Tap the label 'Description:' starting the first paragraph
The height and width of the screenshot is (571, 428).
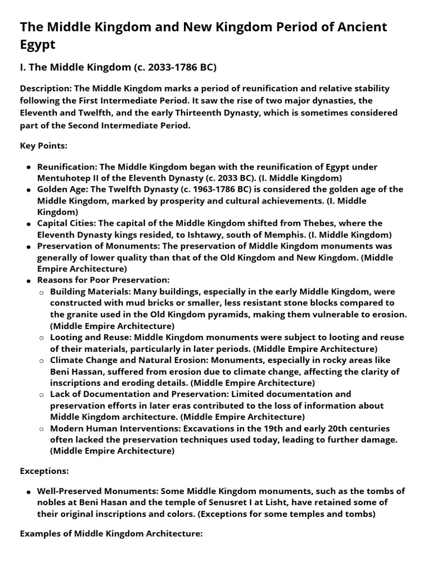click(x=46, y=88)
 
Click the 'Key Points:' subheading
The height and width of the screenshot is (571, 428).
click(x=43, y=146)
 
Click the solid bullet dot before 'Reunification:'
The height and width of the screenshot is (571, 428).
click(x=28, y=168)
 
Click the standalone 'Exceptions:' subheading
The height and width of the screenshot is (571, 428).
click(x=44, y=471)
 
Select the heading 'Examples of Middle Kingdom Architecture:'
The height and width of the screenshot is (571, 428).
click(x=111, y=534)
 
